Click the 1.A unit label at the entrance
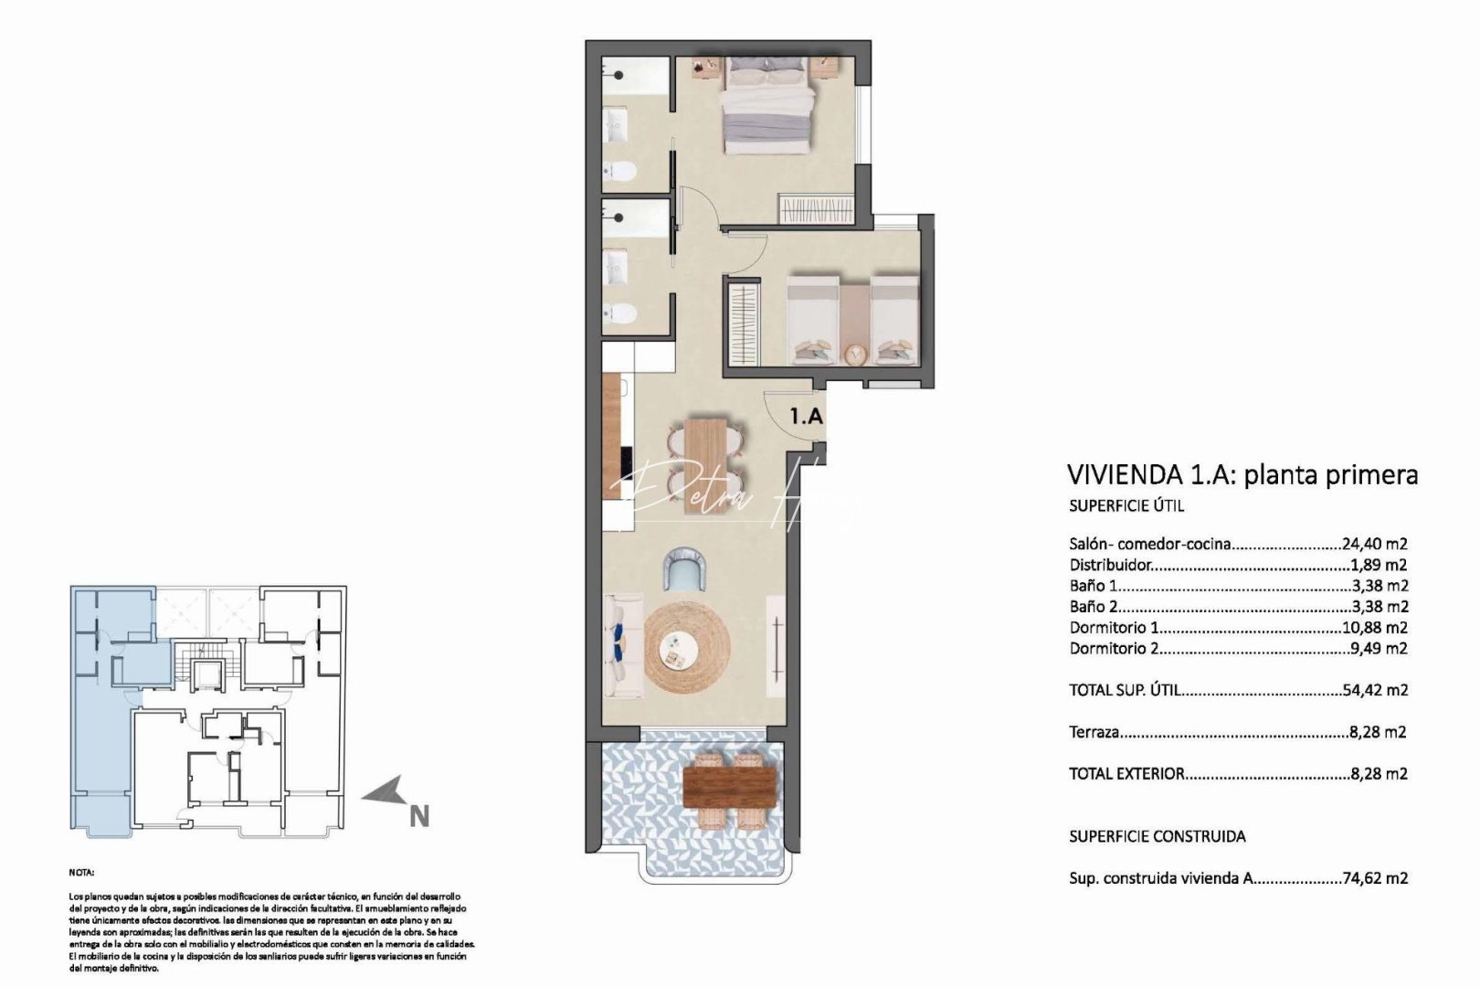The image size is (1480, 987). [806, 417]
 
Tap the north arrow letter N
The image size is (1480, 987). [418, 816]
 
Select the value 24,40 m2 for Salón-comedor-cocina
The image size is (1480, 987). [1374, 545]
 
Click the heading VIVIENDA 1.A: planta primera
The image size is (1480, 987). [1242, 475]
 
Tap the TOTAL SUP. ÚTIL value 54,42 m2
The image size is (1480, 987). [1375, 690]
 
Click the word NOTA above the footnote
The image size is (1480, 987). [81, 874]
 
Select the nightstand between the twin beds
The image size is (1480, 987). [855, 353]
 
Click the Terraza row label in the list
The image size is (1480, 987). [1094, 732]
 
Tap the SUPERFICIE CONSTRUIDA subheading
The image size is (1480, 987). [1157, 836]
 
